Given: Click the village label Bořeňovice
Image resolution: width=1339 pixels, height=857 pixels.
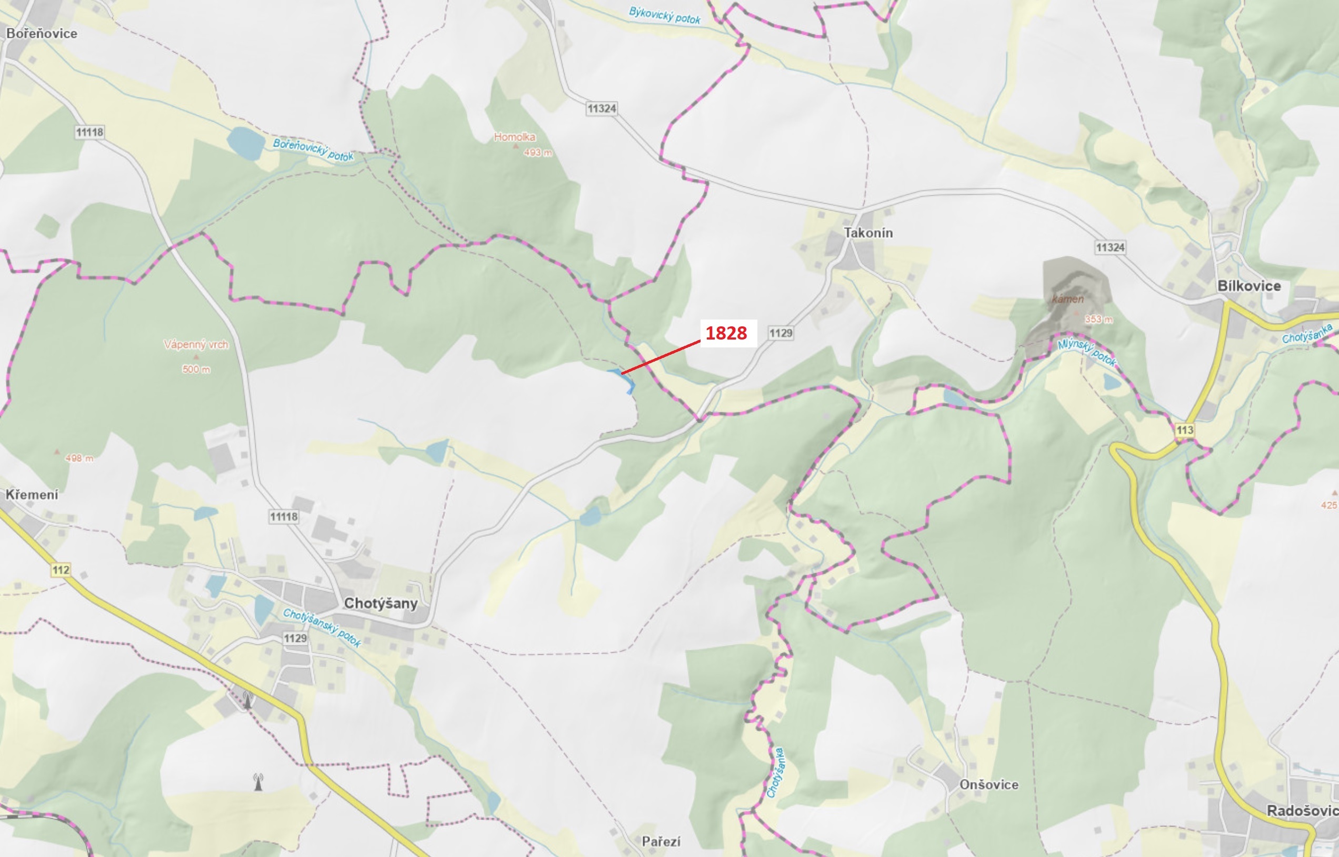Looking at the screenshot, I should [42, 33].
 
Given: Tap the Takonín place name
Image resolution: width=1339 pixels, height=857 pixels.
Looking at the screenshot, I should [868, 233].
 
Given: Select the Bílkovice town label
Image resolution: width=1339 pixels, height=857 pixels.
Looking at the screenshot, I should [1249, 286].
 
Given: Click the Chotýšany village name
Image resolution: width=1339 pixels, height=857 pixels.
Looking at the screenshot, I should [381, 603].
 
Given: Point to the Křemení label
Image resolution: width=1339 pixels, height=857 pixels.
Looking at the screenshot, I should [32, 495].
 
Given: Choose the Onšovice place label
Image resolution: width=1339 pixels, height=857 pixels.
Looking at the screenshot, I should [988, 785].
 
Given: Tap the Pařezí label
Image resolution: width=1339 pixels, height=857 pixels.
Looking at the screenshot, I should [661, 841].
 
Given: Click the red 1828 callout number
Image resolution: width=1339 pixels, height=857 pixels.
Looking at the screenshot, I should [726, 333].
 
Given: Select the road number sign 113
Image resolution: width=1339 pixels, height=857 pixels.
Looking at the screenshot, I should [1184, 430].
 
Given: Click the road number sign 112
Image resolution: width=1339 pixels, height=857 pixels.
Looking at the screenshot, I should [61, 570].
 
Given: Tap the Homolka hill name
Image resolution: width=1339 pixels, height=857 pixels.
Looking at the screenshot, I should [515, 137].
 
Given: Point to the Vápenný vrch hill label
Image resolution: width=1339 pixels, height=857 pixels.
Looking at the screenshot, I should [196, 344].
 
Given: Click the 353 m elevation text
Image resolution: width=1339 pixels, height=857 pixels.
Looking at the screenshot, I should [1098, 320].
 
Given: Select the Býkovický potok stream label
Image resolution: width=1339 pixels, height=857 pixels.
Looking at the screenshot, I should [664, 16].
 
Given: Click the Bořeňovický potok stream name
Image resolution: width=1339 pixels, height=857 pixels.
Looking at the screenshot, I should [313, 150].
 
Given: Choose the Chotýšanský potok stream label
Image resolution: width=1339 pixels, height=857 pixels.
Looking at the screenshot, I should [322, 627].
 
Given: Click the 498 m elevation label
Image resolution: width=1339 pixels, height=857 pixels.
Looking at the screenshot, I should [79, 459].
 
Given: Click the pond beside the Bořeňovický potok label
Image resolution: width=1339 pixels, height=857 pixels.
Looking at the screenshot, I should [245, 143].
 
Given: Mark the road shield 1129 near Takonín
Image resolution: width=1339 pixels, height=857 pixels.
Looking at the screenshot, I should [781, 333].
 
